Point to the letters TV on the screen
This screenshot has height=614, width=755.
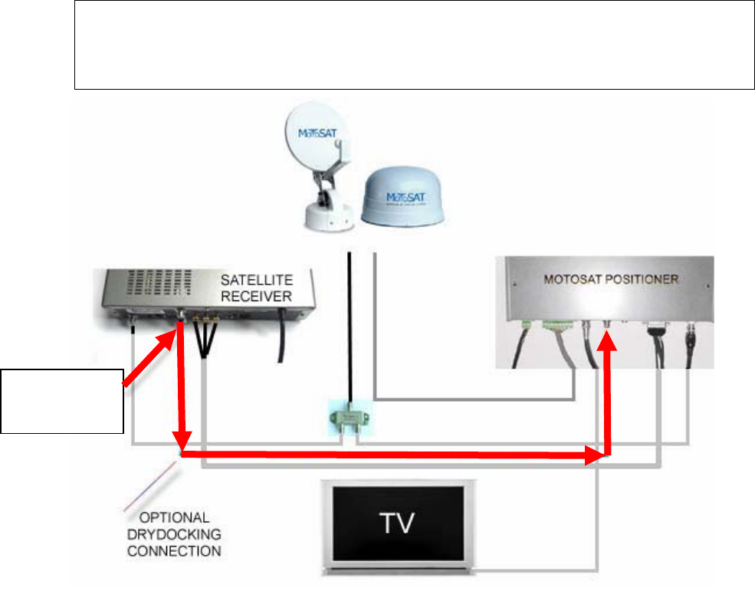(397, 524)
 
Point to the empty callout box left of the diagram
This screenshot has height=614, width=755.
(62, 400)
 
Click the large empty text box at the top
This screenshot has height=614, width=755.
(414, 44)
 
